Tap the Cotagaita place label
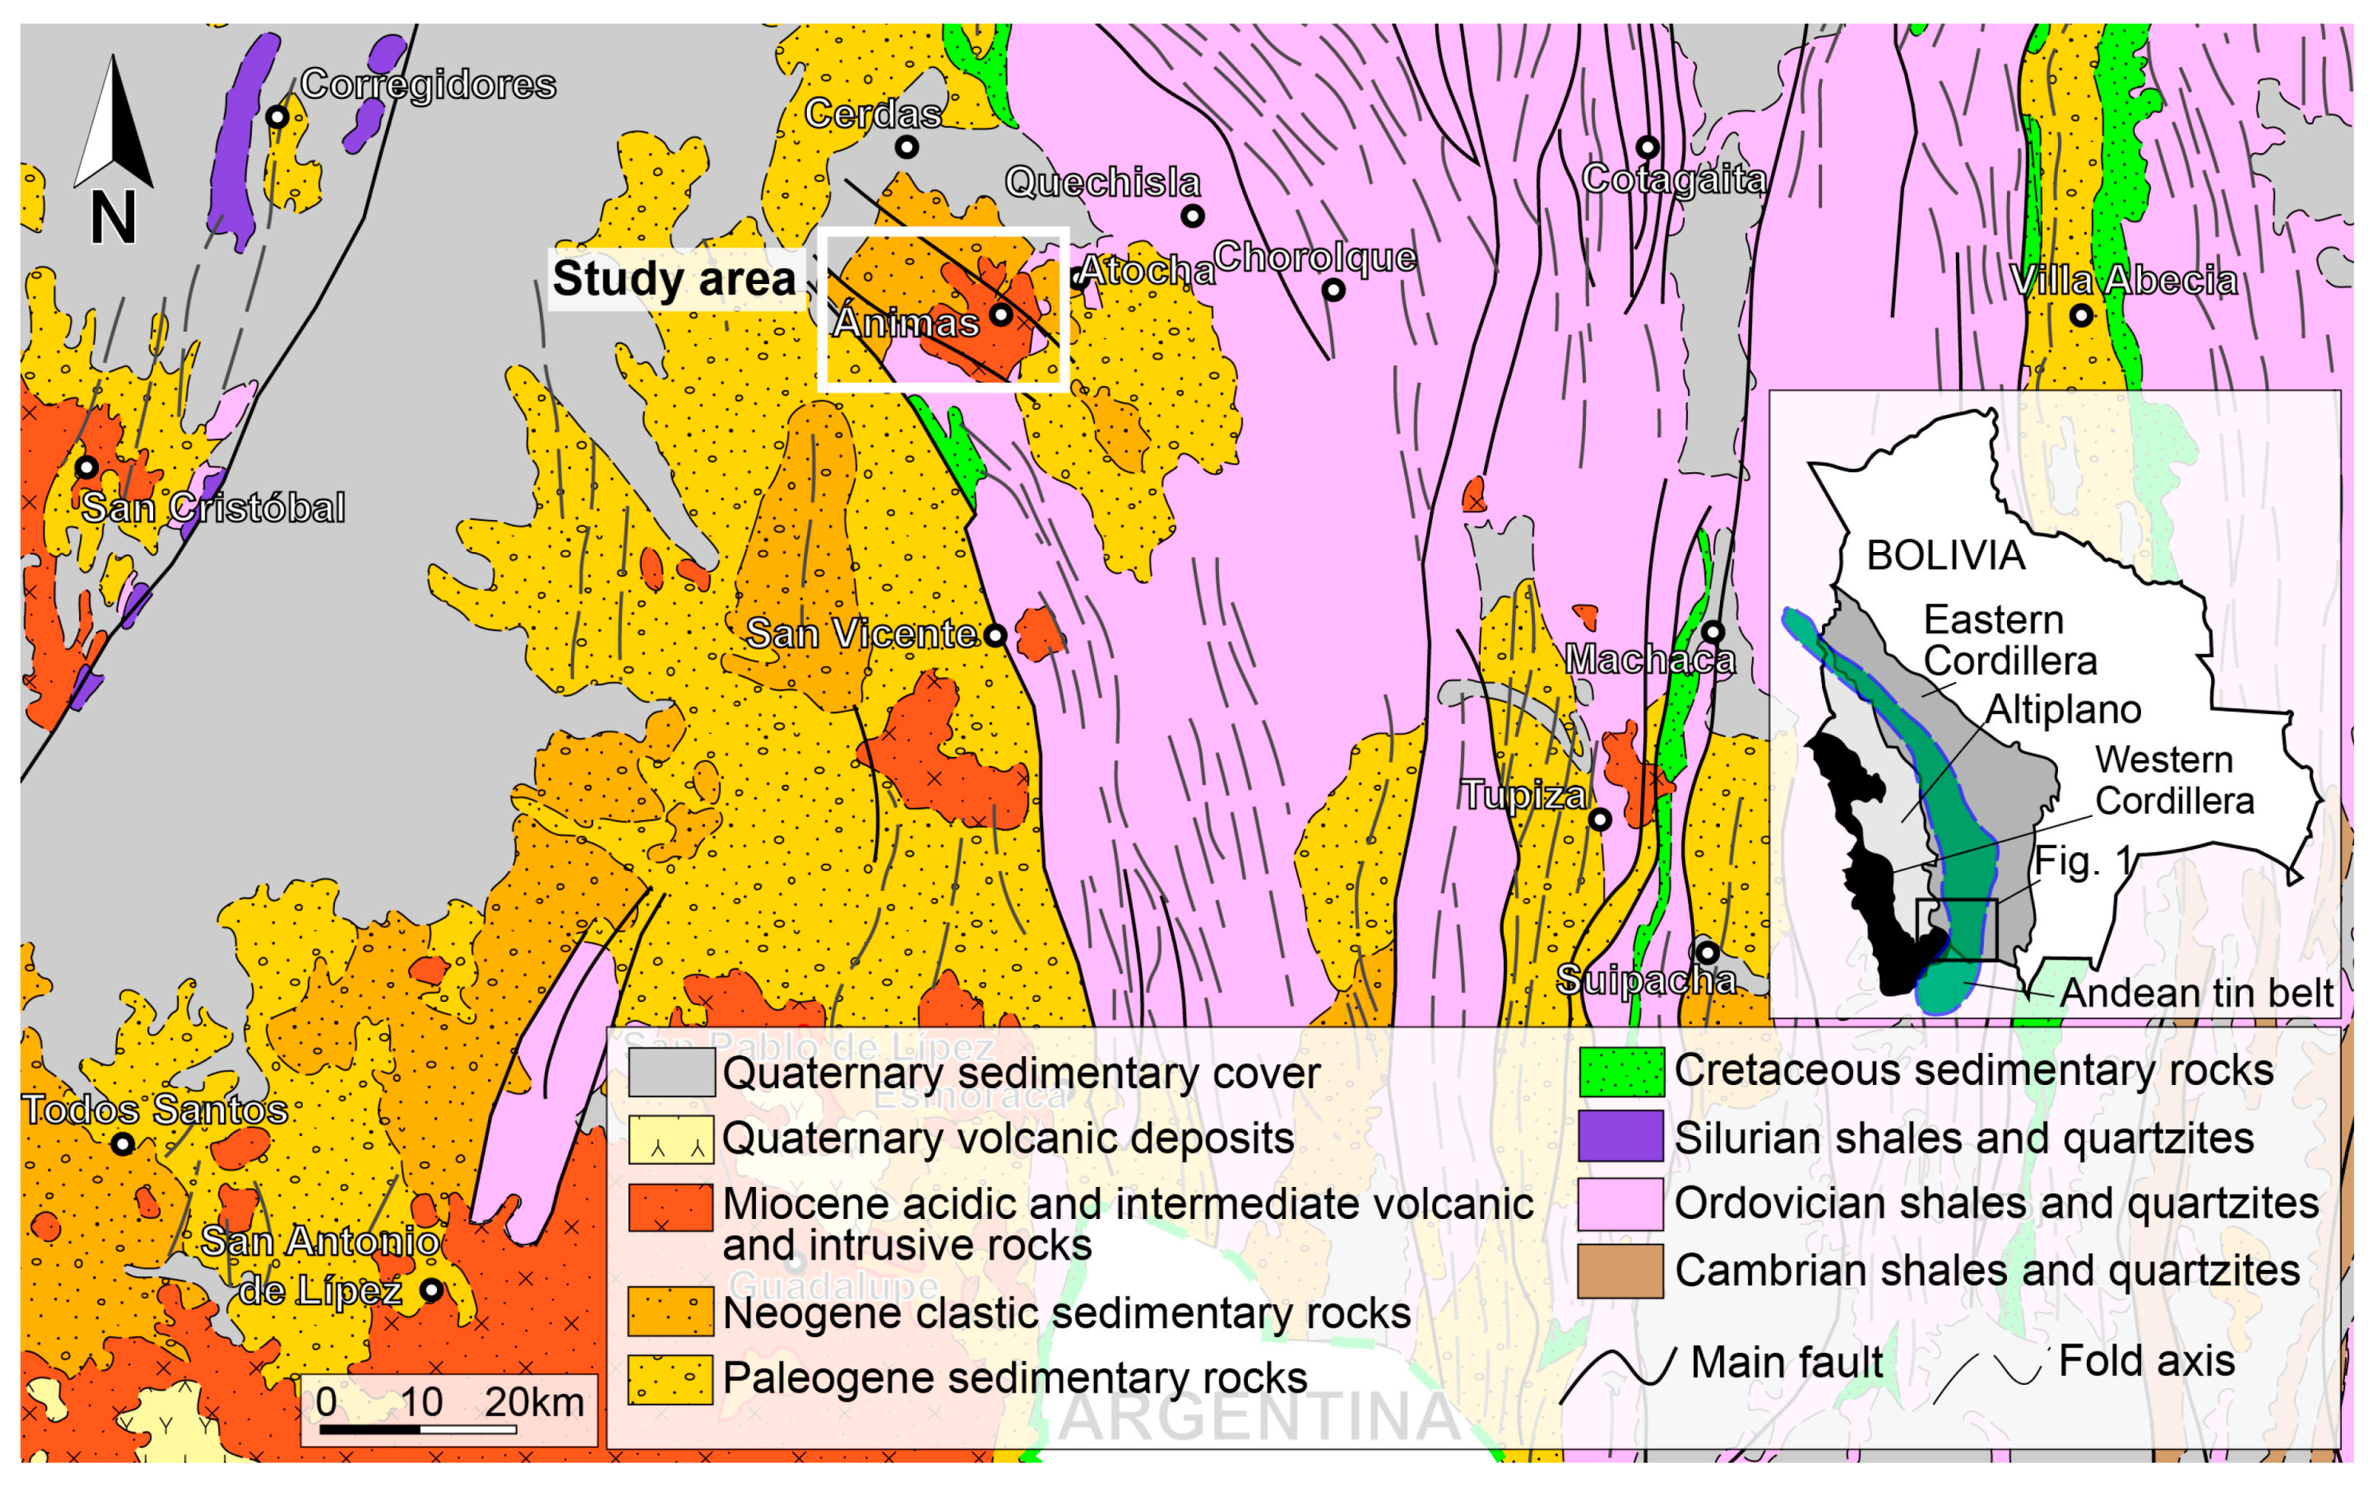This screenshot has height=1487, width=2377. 1675,180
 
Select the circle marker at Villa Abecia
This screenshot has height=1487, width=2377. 2081,316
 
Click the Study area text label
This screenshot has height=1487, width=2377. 675,278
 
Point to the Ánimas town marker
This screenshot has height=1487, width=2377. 1001,314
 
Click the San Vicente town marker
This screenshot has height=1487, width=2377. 995,635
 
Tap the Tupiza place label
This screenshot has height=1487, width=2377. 1523,795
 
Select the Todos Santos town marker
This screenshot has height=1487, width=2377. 123,1144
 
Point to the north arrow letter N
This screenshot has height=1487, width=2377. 113,219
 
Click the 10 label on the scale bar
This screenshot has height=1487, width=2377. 421,1402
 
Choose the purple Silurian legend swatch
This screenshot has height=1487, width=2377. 1621,1137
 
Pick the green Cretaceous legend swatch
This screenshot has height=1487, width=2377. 1621,1071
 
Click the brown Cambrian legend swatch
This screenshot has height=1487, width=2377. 1621,1271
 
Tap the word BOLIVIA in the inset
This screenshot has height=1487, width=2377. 1946,557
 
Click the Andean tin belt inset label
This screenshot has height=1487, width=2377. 2196,993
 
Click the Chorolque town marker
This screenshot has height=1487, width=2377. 1333,290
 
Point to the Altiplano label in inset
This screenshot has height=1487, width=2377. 2062,709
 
